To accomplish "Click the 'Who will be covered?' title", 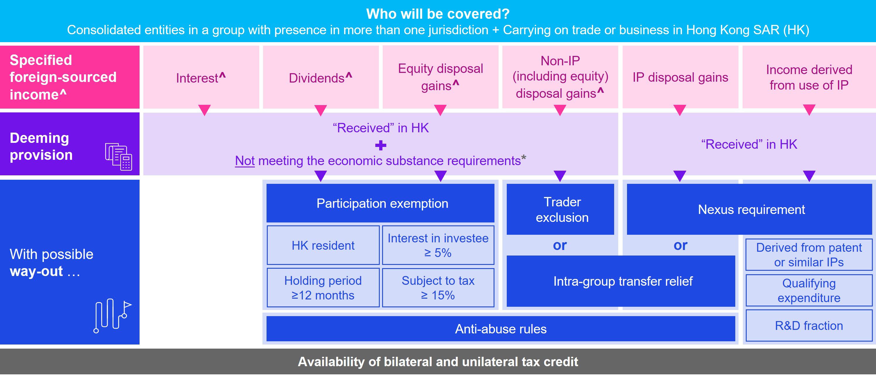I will point(438,14).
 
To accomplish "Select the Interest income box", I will point(201,78).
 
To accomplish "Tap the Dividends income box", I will point(320,78).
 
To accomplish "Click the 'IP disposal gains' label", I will point(680,78).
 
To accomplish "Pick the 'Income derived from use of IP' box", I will point(809,78).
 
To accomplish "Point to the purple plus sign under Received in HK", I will point(381,145).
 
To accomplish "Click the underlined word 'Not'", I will point(245,161).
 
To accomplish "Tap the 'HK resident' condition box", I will point(323,245).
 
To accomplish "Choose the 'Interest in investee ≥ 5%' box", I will point(438,245).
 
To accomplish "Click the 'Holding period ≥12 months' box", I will point(323,288).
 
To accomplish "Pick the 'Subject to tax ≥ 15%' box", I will point(438,288).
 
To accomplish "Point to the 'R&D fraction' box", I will point(809,325).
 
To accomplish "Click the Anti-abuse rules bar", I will point(501,329).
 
